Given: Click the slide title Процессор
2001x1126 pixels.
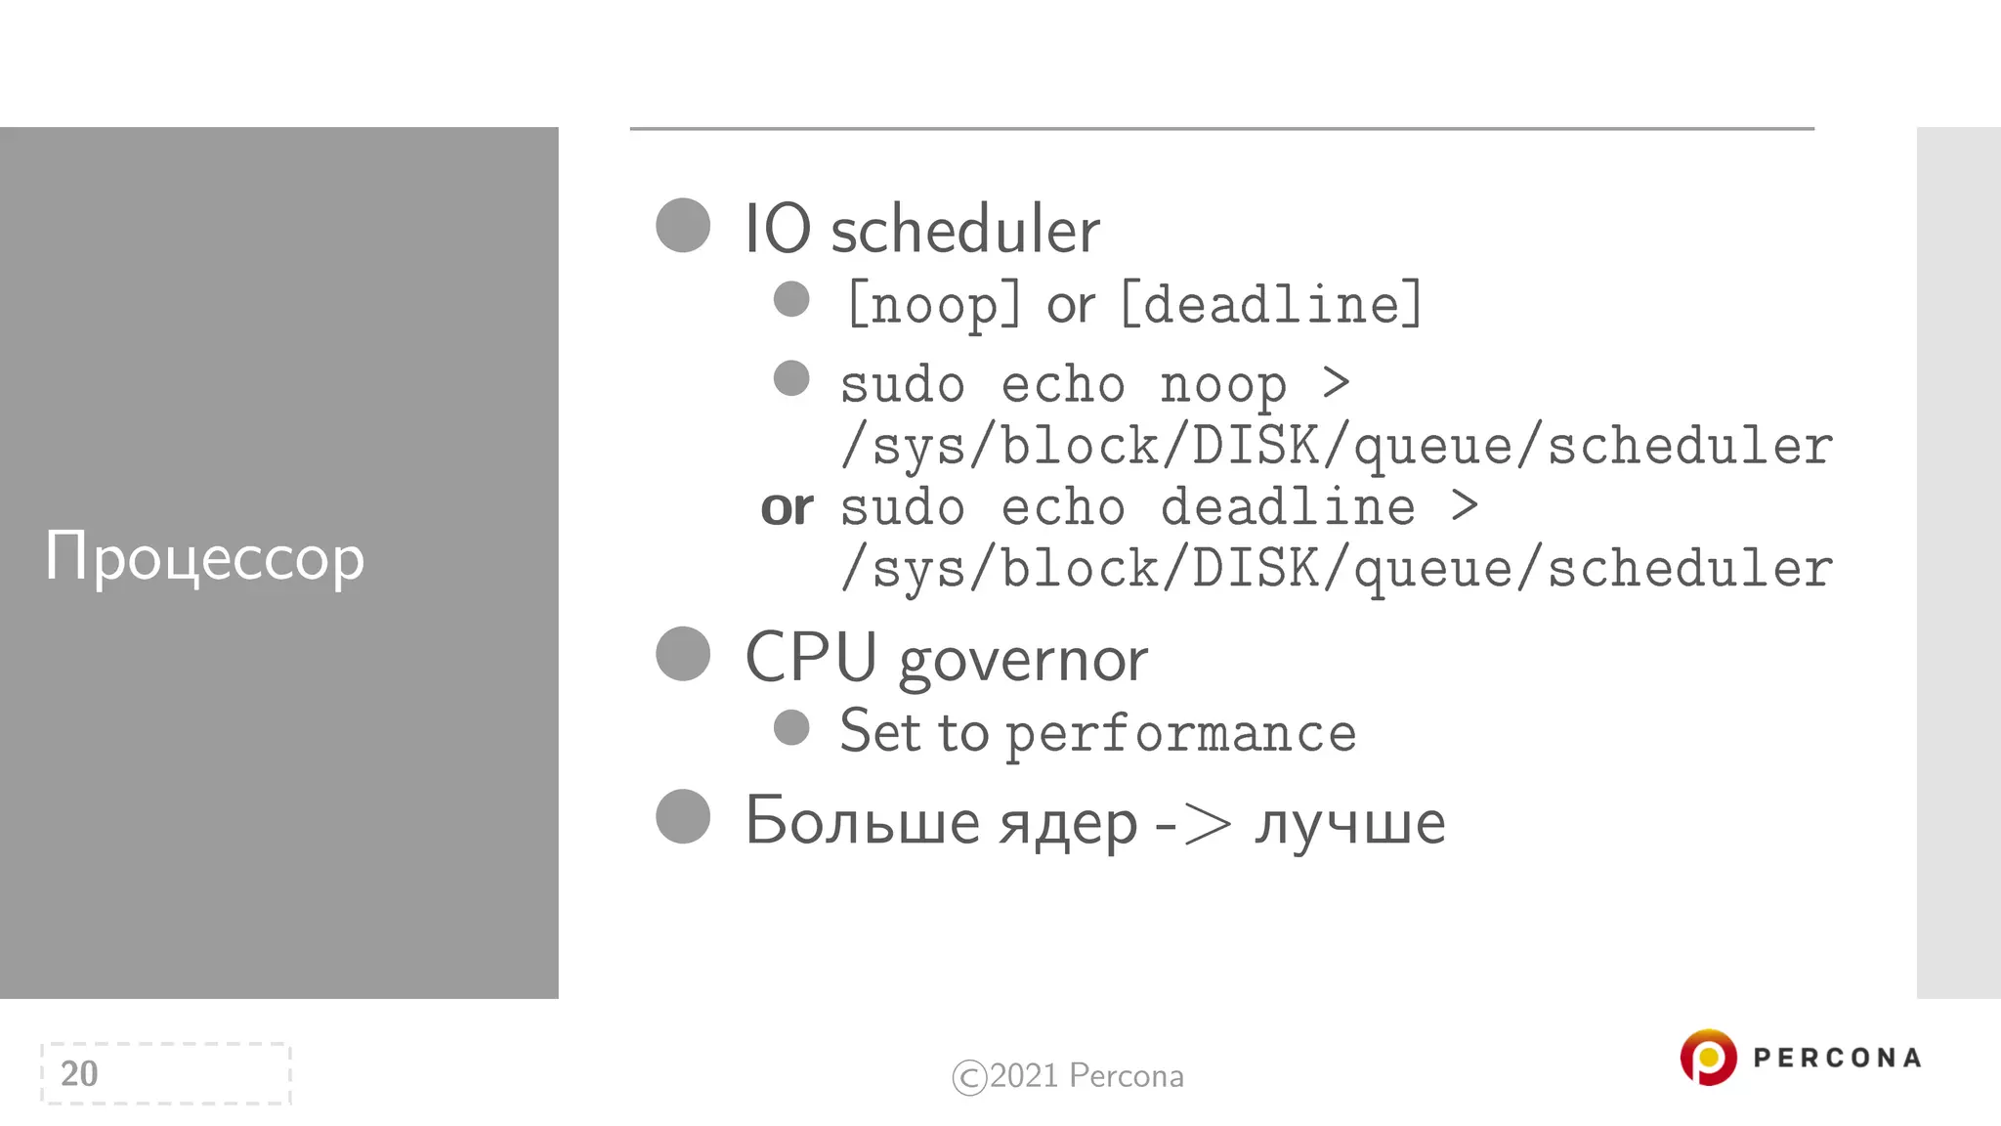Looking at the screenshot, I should coord(204,557).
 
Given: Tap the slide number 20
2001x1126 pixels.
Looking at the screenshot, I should coord(79,1073).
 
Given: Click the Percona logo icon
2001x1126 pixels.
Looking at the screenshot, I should coord(1707,1058).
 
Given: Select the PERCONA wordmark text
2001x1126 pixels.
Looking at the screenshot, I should coord(1837,1058).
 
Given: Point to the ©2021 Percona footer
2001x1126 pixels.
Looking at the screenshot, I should coord(1068,1076).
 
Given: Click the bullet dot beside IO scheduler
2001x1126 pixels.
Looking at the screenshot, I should coord(683,226).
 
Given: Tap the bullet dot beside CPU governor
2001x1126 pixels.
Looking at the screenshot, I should coord(683,654).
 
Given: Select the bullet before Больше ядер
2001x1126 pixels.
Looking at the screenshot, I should coord(683,816).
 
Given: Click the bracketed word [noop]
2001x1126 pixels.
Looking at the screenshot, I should coord(934,304).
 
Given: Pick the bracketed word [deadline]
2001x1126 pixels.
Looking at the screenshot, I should coord(1271,304).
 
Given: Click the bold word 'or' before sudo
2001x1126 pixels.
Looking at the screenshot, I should coord(787,507).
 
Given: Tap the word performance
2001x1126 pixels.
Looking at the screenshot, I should coord(1181,734).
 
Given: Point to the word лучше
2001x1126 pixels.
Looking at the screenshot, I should coord(1349,822).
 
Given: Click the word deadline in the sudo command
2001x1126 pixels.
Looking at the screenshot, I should coord(1288,507).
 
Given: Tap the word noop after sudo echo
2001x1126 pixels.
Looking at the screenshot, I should coord(1223,385).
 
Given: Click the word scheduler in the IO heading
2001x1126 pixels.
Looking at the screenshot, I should coord(964,230).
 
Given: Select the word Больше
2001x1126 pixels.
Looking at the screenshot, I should coord(861,820).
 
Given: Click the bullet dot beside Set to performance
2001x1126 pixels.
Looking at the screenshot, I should coord(791,727).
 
